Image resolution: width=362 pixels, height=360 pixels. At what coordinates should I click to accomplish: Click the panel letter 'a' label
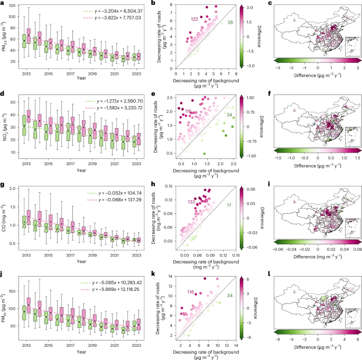click(2, 4)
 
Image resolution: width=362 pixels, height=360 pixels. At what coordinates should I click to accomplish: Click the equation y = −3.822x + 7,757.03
click(118, 18)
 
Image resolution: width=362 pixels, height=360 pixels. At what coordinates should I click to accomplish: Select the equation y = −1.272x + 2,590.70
click(120, 101)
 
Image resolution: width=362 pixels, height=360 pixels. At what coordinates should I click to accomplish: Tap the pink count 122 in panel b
click(194, 19)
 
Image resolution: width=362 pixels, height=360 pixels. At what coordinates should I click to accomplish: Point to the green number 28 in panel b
click(230, 22)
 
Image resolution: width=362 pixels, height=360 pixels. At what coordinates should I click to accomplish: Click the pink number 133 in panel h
click(191, 202)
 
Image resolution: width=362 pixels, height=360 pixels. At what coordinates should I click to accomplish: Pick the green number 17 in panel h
click(229, 205)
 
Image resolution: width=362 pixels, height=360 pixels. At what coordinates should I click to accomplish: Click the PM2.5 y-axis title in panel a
click(4, 36)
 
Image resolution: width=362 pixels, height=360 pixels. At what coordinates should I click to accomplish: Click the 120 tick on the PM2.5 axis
click(13, 5)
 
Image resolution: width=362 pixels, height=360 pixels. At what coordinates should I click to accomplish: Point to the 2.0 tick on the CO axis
click(13, 188)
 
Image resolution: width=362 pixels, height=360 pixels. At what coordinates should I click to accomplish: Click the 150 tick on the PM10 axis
click(13, 291)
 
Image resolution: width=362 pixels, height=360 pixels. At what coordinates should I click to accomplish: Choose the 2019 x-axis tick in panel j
click(92, 345)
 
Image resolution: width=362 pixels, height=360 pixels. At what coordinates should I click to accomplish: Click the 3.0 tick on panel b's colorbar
click(249, 7)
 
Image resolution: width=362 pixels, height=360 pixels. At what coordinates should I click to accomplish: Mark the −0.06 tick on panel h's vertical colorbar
click(251, 247)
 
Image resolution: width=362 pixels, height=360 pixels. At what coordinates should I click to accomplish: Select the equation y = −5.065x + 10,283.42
click(117, 283)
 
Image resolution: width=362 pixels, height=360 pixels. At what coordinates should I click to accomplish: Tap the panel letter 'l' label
click(270, 274)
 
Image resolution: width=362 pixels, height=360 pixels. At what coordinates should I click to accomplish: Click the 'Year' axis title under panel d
click(81, 170)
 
